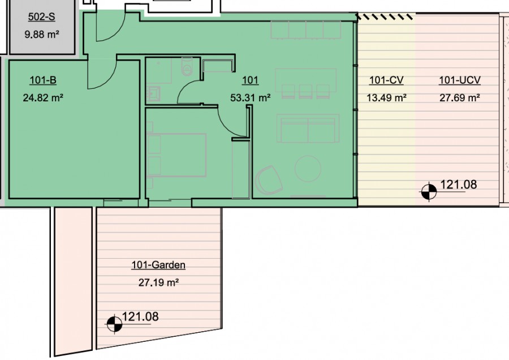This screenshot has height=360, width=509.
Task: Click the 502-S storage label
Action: [41, 17]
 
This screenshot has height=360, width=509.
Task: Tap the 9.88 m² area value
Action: [42, 34]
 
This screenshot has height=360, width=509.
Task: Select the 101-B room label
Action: [43, 80]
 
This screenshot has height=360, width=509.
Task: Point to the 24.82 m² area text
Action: [43, 97]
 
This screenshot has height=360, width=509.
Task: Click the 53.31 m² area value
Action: [251, 97]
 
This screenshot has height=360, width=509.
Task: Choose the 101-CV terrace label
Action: [386, 80]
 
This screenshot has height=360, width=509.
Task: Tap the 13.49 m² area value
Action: [387, 97]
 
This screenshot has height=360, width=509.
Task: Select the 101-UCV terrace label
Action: [460, 80]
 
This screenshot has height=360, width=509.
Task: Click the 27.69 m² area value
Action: [460, 97]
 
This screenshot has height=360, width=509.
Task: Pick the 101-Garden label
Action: [158, 265]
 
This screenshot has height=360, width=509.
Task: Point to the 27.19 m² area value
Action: [159, 282]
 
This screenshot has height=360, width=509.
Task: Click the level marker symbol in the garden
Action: [114, 324]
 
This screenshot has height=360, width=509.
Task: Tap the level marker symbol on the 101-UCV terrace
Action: [429, 192]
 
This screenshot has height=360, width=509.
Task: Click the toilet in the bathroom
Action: [187, 66]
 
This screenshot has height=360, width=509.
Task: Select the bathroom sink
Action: [153, 93]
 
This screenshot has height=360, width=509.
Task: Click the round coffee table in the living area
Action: [308, 169]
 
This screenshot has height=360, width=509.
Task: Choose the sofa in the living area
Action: [308, 128]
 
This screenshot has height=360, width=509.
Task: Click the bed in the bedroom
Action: [176, 155]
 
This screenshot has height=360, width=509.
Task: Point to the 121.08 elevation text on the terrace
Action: [458, 185]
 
